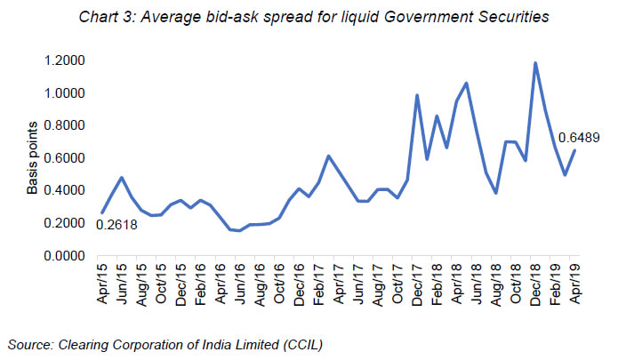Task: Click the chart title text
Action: tap(309, 15)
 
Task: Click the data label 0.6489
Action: tap(579, 138)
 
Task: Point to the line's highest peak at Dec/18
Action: tap(535, 63)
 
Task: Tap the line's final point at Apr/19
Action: tap(575, 150)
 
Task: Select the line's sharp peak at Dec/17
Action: tap(417, 95)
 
